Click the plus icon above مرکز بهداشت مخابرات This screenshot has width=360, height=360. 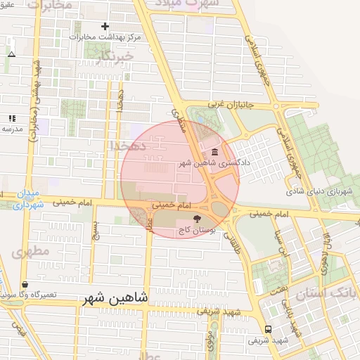click(x=105, y=26)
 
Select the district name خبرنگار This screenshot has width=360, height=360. click(x=116, y=56)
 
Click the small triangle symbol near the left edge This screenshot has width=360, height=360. click(x=11, y=54)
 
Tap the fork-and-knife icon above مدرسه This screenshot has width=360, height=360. click(x=11, y=118)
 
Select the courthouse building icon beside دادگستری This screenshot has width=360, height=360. click(x=214, y=152)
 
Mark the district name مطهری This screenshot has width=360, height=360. click(x=30, y=250)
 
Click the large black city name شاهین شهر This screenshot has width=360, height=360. click(x=115, y=298)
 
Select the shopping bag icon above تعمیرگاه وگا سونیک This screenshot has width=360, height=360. click(x=26, y=284)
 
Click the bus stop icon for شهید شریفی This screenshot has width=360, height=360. click(x=268, y=329)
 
